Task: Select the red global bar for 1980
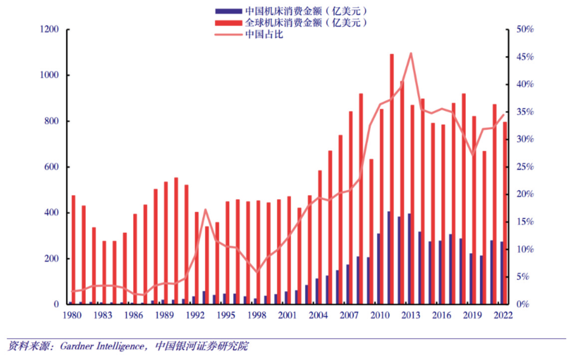pyautogui.click(x=74, y=249)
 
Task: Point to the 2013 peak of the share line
pyautogui.click(x=411, y=53)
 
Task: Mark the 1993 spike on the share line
pyautogui.click(x=205, y=209)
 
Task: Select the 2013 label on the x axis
pyautogui.click(x=410, y=315)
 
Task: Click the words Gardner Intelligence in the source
pyautogui.click(x=102, y=346)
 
